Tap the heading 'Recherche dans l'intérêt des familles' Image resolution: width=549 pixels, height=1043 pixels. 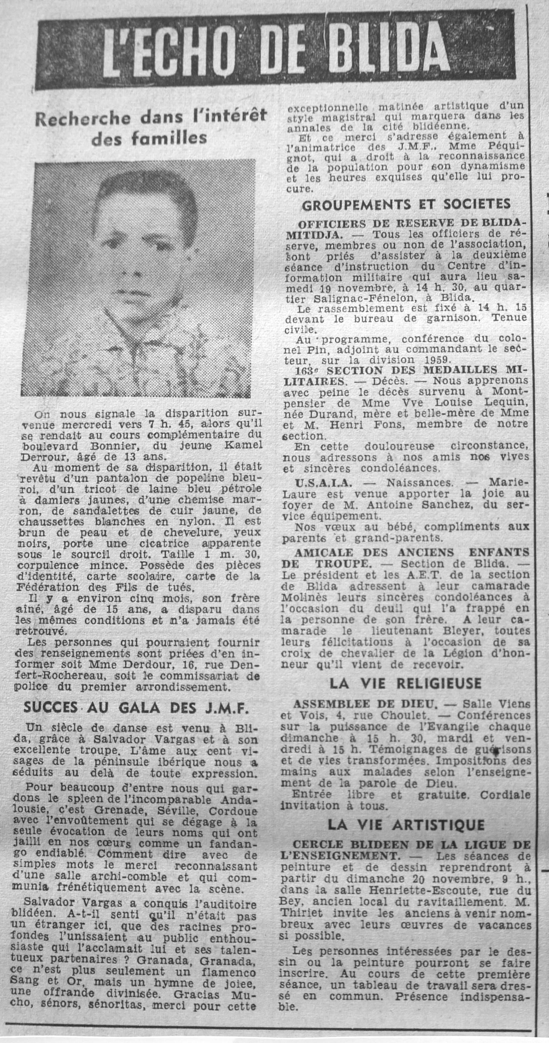click(150, 127)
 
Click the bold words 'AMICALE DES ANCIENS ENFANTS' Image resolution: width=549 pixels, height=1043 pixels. click(412, 552)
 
